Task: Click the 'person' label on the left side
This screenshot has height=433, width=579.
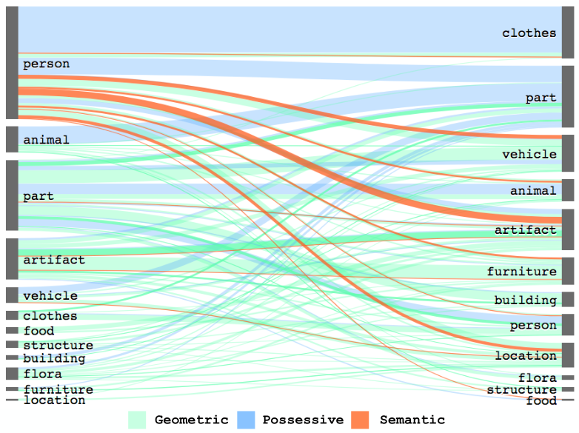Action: [x=47, y=64]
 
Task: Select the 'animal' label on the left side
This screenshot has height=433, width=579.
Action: [x=47, y=140]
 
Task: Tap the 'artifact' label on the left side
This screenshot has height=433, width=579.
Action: [x=54, y=260]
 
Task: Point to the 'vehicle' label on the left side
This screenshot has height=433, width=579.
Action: [x=50, y=296]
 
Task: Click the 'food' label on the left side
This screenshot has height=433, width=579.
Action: [x=39, y=331]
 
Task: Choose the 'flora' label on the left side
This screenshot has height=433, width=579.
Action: [x=42, y=374]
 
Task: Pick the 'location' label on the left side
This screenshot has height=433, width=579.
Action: [x=54, y=400]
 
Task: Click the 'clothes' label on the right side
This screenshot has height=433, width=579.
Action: [x=529, y=33]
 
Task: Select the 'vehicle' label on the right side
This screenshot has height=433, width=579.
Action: [x=529, y=154]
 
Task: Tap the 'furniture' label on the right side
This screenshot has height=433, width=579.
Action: [x=521, y=272]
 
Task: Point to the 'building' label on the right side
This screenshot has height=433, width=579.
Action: [x=525, y=300]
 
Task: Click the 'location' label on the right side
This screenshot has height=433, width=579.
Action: [x=525, y=356]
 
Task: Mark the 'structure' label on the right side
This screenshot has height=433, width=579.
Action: [x=521, y=390]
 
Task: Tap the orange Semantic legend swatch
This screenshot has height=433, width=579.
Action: [x=359, y=420]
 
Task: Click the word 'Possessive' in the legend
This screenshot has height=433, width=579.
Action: [x=303, y=420]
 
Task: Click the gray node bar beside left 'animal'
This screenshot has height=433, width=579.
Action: [x=12, y=139]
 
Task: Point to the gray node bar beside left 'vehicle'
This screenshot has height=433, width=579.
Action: [x=12, y=295]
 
